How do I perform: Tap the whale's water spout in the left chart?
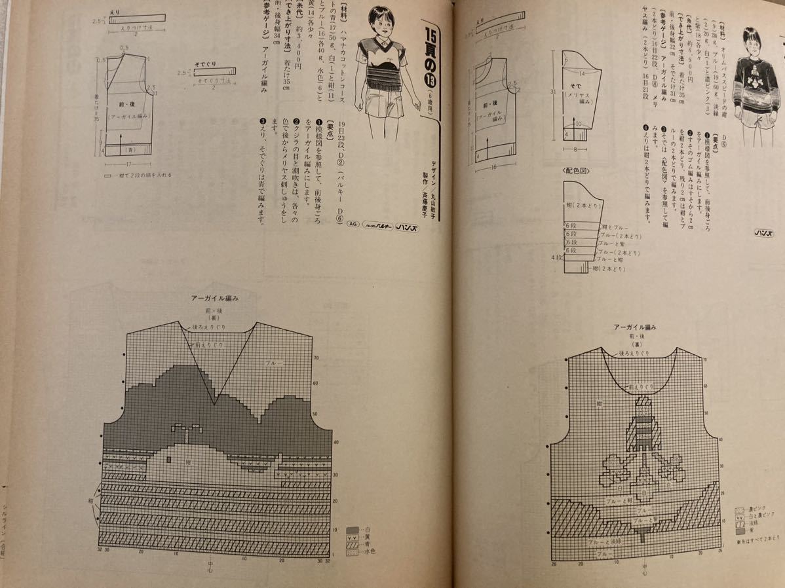tap(185, 430)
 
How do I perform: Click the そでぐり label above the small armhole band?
tap(205, 67)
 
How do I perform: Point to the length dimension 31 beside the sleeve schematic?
tap(554, 91)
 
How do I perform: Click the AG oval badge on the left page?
tap(353, 223)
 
